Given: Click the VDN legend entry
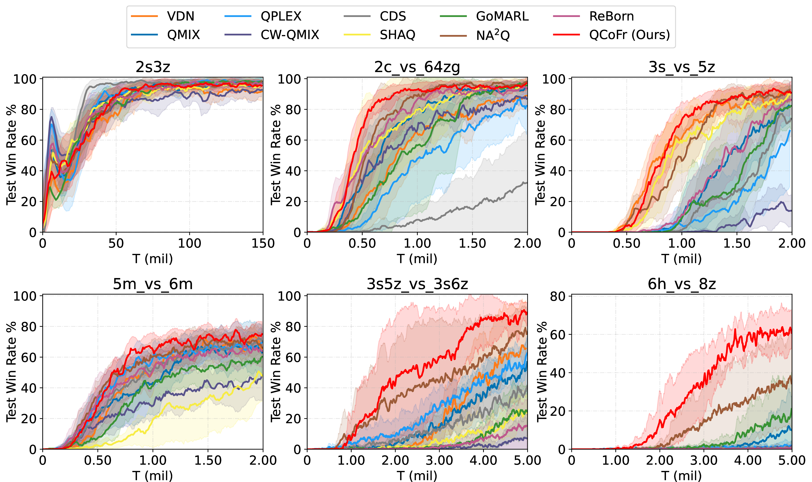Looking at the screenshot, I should pos(180,16).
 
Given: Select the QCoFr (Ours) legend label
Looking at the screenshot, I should pos(629,35).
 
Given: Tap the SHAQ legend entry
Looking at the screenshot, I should pos(397,35).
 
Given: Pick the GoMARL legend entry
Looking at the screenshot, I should pos(502,16).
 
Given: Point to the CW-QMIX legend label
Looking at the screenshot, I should pos(289,35).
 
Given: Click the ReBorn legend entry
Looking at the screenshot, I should pos(611,16).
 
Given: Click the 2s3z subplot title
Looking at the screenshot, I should pos(153,67).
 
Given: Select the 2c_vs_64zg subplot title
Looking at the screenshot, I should pos(417,67).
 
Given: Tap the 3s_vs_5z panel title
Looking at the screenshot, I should pos(682,67).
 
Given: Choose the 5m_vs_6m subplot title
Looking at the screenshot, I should pos(153,284).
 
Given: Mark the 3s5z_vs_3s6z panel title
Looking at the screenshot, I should pos(417,284).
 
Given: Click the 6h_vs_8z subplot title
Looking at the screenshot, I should pos(682,284).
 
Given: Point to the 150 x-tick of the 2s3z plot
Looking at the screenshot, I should pos(263,243).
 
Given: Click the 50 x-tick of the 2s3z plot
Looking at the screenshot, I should pos(116,243).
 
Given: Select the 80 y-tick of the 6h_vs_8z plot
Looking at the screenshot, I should pos(558,296).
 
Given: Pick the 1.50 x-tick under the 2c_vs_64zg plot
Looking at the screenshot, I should pos(472,243).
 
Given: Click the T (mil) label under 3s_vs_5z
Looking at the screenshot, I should pos(682,259).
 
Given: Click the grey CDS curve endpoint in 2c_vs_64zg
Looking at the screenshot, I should pos(526,183).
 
